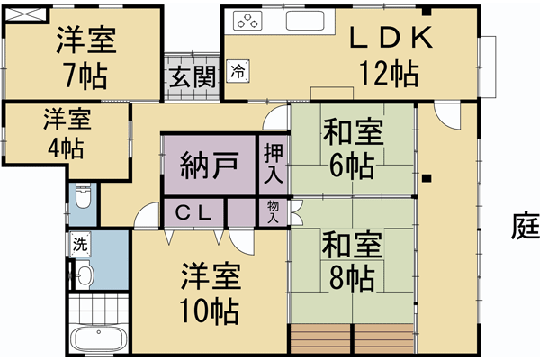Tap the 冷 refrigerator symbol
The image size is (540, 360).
(238, 68)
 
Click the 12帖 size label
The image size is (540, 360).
(389, 72)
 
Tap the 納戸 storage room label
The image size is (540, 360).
(209, 165)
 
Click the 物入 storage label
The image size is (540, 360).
(273, 212)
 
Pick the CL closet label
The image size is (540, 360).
(193, 213)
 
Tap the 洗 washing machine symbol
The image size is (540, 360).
(80, 243)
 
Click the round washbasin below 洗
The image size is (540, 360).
(84, 275)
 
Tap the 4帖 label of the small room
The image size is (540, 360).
(65, 147)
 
